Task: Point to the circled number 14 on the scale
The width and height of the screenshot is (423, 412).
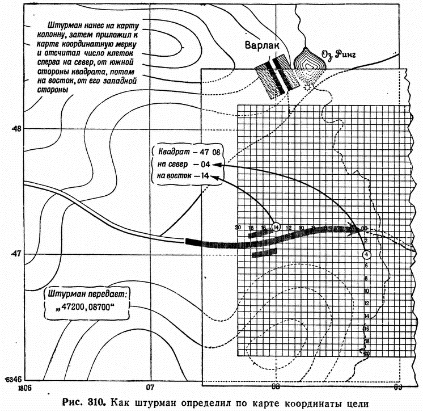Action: (x=276, y=226)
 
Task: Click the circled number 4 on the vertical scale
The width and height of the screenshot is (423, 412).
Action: (x=367, y=255)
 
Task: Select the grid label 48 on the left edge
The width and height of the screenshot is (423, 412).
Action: (x=15, y=129)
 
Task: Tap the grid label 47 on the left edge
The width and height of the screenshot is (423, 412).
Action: (x=15, y=253)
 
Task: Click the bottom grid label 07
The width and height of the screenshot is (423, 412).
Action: (x=150, y=388)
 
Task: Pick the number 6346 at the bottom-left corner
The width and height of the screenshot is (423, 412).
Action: (x=12, y=379)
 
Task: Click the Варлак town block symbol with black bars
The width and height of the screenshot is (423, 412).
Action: (x=276, y=75)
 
